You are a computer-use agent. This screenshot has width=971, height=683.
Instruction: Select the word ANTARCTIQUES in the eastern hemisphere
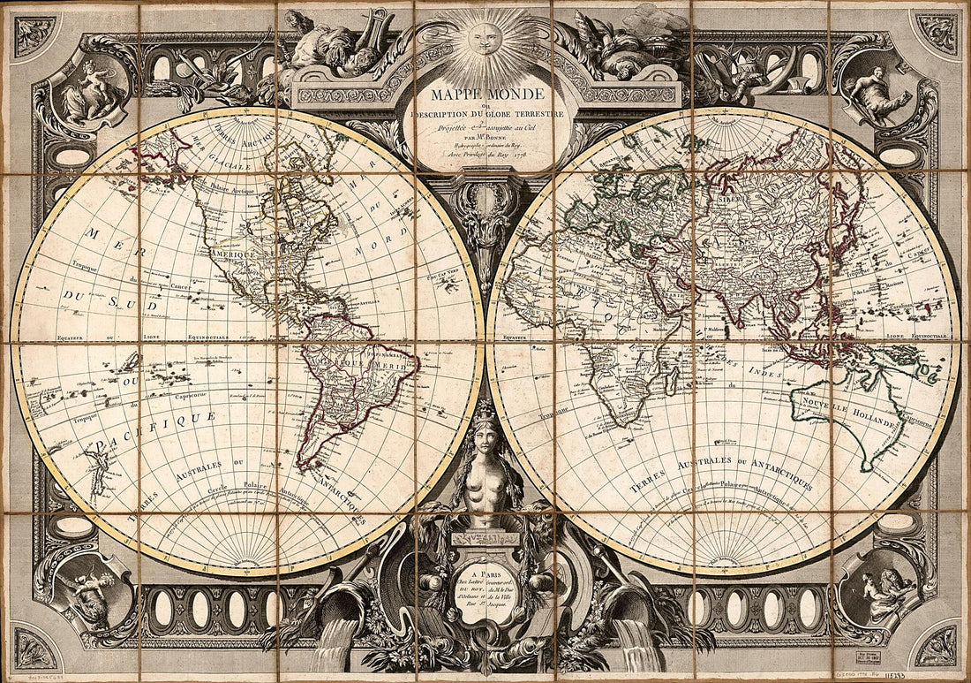[x=777, y=482]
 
